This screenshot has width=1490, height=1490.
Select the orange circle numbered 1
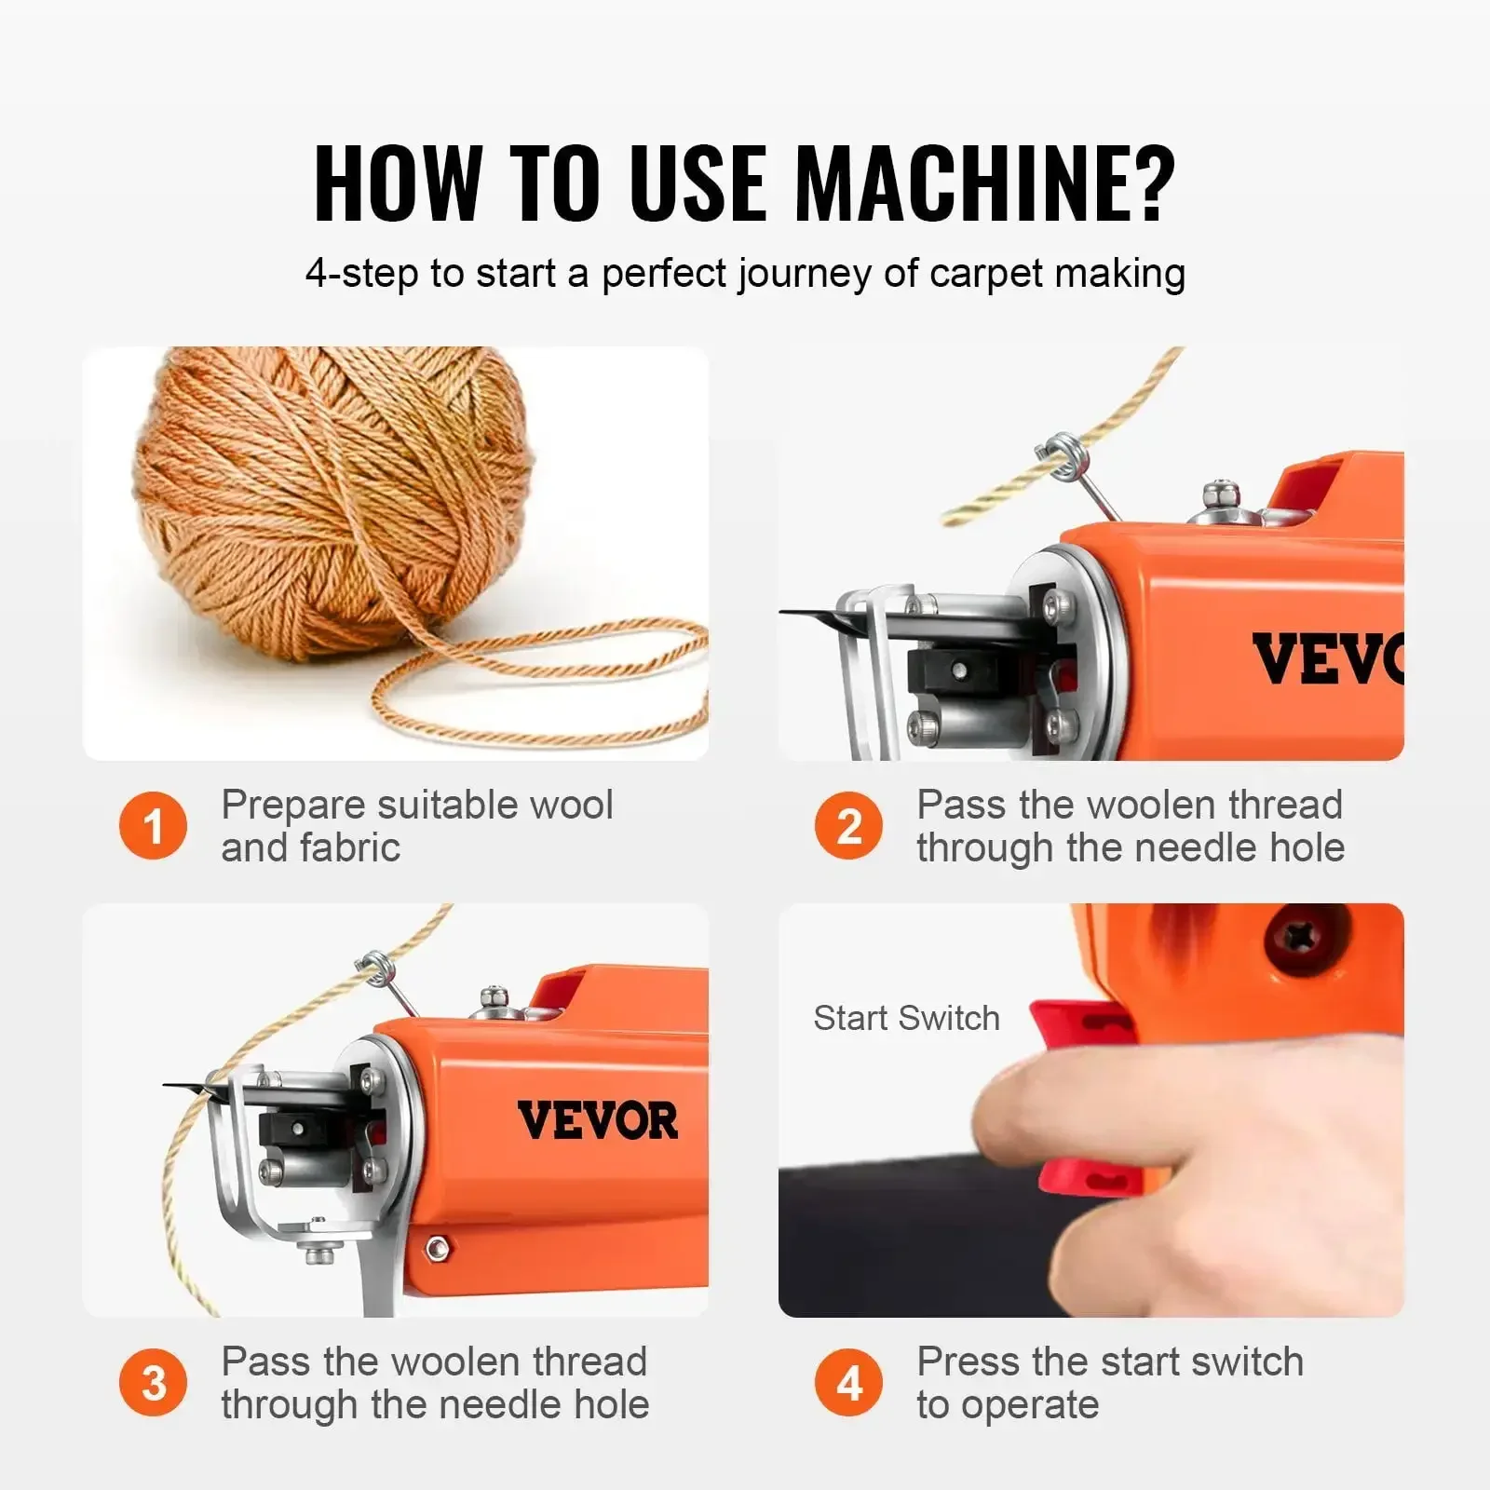[154, 826]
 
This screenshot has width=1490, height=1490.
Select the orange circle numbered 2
[848, 826]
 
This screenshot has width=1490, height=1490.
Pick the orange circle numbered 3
[154, 1383]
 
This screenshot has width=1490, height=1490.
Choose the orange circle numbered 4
[848, 1383]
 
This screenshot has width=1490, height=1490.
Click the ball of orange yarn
[335, 503]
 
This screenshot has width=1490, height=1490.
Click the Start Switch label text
[906, 1018]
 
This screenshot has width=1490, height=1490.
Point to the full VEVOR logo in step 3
[597, 1120]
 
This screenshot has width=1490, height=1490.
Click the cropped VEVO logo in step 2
[1326, 658]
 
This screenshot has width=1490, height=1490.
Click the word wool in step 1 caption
[571, 805]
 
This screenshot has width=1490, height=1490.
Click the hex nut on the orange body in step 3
[435, 1248]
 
